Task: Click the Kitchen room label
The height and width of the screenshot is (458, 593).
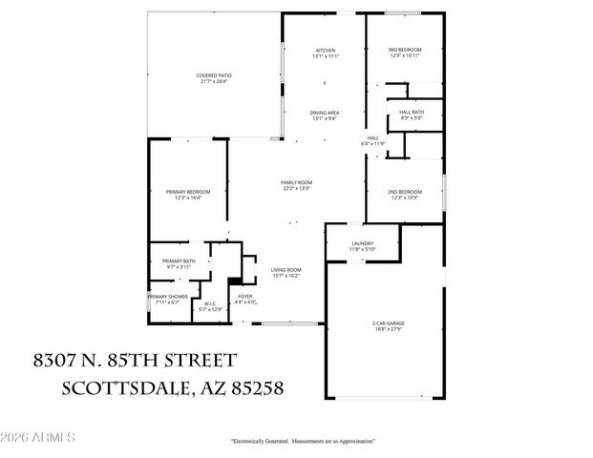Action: point(327,50)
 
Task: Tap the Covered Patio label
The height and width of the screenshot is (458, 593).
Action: point(214,75)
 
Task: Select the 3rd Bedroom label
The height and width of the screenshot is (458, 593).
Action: point(404,50)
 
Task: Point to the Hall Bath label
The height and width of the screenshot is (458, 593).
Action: point(411,112)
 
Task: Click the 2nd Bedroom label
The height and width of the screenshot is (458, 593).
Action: point(404,192)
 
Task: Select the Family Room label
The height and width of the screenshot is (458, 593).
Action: point(296,182)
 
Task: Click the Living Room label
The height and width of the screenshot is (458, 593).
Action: point(285,269)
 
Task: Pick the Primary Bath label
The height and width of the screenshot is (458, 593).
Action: point(179,261)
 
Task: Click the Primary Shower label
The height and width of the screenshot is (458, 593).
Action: point(163,297)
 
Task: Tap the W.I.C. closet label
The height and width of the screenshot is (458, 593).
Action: point(209,304)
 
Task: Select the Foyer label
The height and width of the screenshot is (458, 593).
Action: point(245,297)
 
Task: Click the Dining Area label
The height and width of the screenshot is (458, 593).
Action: point(325,114)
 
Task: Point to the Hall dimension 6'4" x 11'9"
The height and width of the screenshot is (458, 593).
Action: point(371,143)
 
